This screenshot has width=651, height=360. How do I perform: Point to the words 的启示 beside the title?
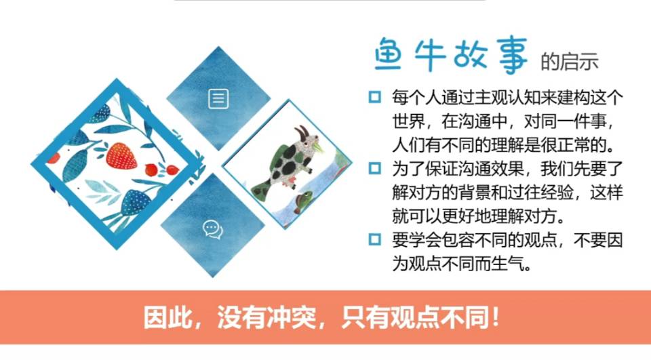(570, 62)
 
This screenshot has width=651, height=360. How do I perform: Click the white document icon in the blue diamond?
(218, 99)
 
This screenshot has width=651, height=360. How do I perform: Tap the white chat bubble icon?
(212, 230)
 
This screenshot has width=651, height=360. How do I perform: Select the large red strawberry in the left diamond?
(121, 155)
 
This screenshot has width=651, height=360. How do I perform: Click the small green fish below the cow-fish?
(303, 200)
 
